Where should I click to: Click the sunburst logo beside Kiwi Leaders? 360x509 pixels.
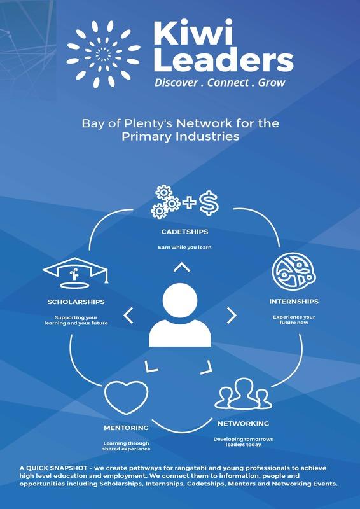[x=103, y=54]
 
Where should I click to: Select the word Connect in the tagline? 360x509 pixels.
[x=228, y=83]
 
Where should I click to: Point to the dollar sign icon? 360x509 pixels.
[x=209, y=203]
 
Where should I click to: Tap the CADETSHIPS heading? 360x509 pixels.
[x=184, y=232]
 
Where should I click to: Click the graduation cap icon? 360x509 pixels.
[x=75, y=273]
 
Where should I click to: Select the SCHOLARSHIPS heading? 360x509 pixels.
[x=76, y=302]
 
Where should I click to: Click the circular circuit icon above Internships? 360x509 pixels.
[x=294, y=272]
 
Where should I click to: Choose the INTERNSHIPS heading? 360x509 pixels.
[x=294, y=302]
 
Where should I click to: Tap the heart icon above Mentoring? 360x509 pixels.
[x=127, y=397]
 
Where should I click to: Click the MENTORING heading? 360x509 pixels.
[x=127, y=428]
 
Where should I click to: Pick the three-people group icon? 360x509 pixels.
[x=243, y=393]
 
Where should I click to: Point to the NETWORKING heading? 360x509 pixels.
[x=243, y=424]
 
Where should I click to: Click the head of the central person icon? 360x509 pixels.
[x=180, y=300]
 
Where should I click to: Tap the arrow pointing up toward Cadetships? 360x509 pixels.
[x=182, y=267]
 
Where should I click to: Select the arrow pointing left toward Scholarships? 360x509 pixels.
[x=128, y=316]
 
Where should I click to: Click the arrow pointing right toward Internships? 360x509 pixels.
[x=232, y=316]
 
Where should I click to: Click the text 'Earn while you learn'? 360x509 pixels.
[x=184, y=248]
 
